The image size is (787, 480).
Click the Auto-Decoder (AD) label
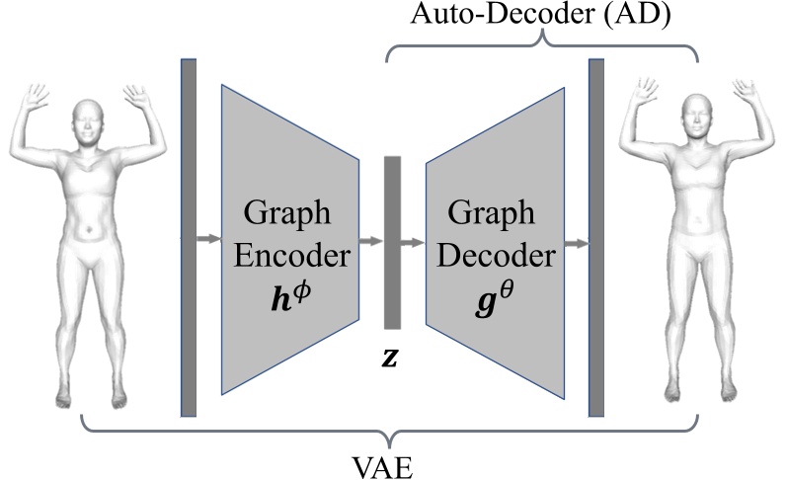(541, 17)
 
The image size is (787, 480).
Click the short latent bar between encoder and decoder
(393, 242)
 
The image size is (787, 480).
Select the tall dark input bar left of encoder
(189, 237)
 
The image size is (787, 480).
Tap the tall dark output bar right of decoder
(596, 237)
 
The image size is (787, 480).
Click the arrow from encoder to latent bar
(370, 240)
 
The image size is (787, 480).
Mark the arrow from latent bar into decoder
(414, 240)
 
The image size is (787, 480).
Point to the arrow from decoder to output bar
(576, 240)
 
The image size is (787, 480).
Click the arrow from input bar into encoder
(208, 238)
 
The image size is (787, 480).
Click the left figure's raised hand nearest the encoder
(135, 97)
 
